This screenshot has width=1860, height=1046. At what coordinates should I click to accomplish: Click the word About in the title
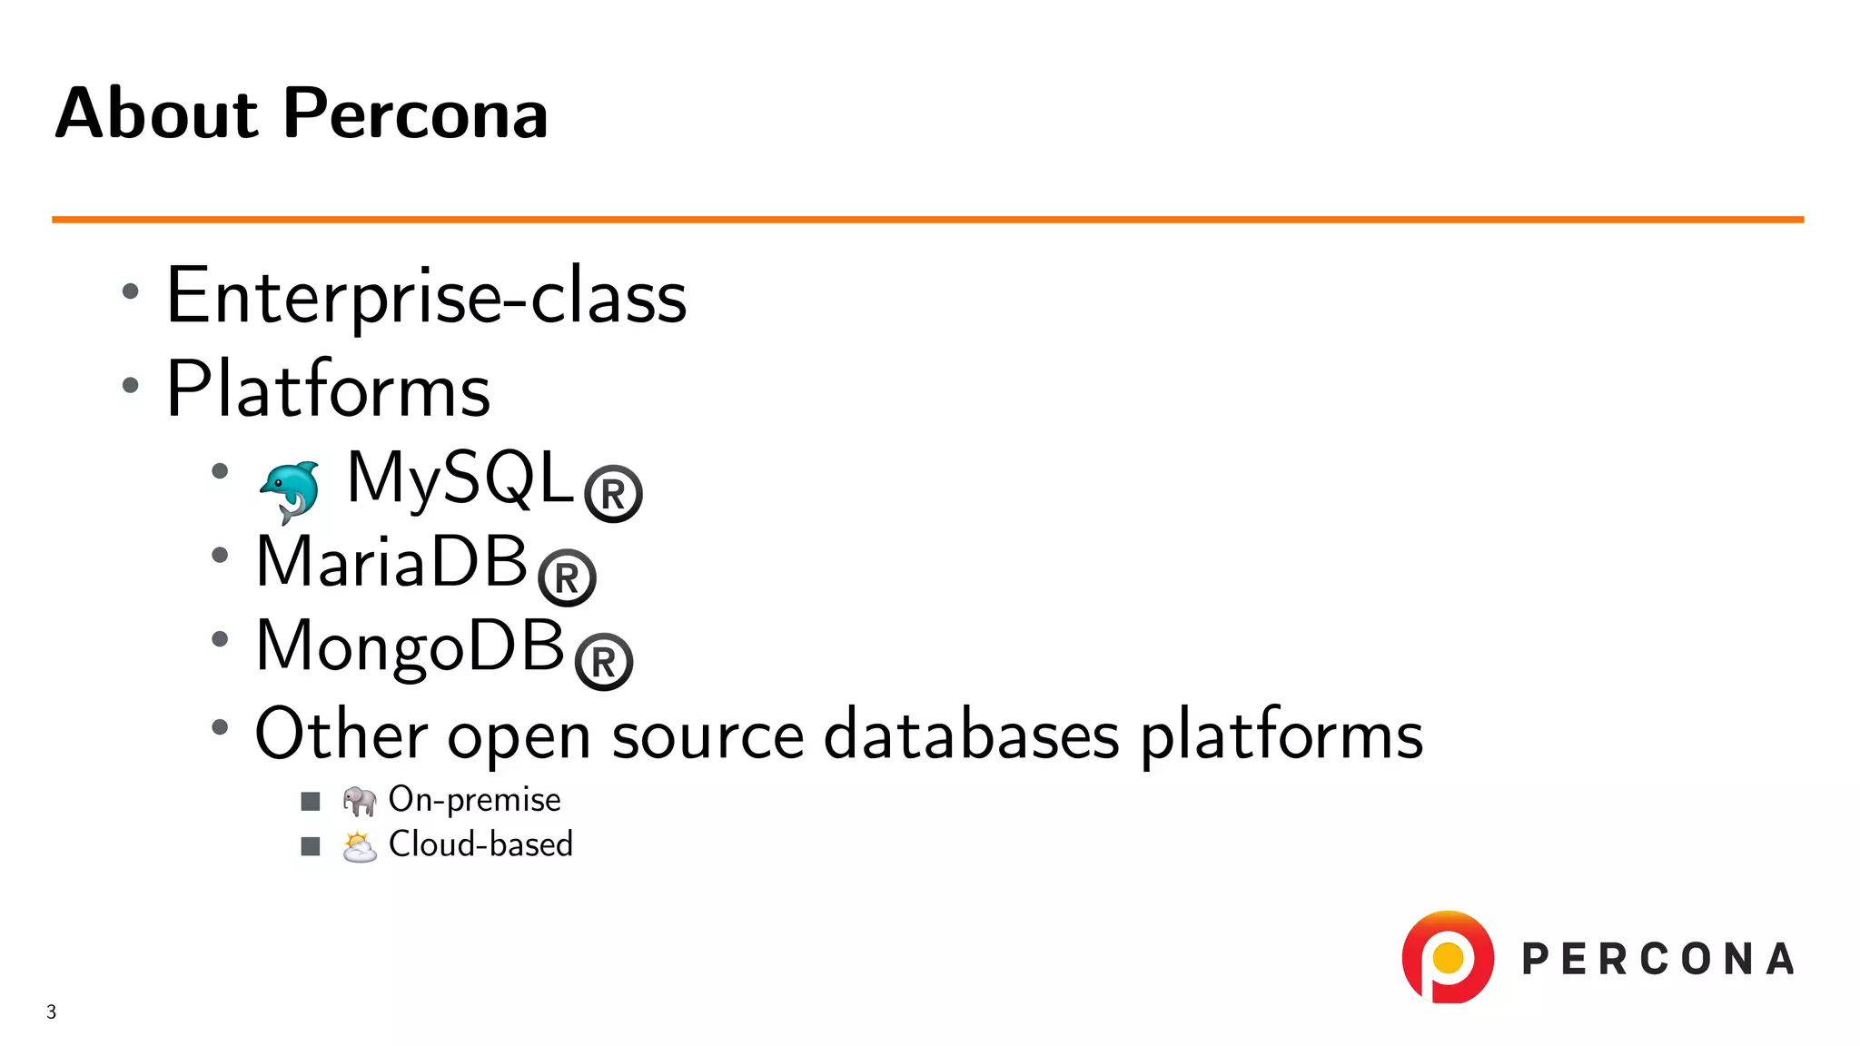[157, 113]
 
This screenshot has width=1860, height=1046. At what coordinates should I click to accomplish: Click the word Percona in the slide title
[415, 113]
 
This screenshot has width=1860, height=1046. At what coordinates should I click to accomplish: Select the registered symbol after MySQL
[613, 494]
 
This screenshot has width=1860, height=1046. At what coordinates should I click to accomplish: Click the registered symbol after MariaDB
[567, 577]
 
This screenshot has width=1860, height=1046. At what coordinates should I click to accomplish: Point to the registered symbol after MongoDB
[604, 662]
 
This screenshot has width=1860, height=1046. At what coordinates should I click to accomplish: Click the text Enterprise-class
[426, 296]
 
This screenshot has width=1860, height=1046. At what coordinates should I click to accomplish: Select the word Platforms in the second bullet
[328, 389]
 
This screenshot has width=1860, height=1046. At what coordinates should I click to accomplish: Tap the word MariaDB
[391, 561]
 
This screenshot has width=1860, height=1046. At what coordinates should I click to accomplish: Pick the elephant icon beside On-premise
[359, 800]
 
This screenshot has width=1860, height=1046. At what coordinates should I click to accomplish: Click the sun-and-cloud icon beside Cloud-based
[359, 846]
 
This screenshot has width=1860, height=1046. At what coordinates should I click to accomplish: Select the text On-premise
[474, 799]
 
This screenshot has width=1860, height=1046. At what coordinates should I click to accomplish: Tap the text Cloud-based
[480, 844]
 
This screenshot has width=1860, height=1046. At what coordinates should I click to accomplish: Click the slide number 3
[52, 1011]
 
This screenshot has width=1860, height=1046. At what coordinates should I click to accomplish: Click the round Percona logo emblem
[1448, 957]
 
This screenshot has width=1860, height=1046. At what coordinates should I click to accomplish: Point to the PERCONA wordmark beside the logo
[1657, 960]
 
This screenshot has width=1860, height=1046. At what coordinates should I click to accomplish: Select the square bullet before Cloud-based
[311, 846]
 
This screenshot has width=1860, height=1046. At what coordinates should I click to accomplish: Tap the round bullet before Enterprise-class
[131, 291]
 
